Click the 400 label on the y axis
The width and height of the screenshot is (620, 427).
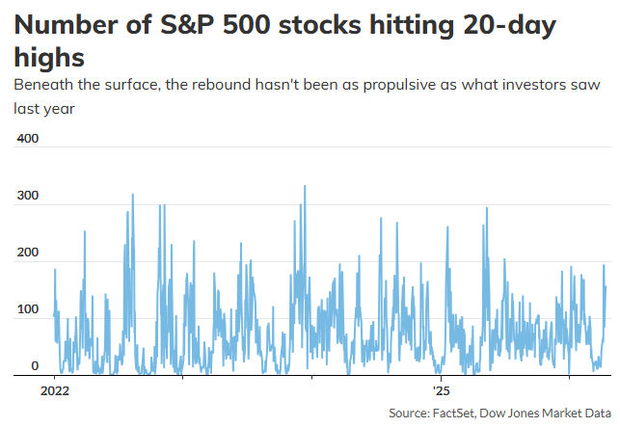27,139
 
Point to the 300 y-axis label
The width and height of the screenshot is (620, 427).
27,196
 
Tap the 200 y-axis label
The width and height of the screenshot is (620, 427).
27,253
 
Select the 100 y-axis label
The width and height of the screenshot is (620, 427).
27,309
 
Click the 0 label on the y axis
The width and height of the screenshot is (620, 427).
34,366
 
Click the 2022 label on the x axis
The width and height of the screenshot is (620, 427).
54,391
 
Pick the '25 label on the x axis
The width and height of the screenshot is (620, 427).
442,391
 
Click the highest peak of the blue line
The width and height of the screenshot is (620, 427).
305,186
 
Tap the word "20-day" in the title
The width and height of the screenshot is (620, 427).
501,25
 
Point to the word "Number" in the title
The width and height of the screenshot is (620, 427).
60,25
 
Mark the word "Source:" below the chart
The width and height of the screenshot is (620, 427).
409,413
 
